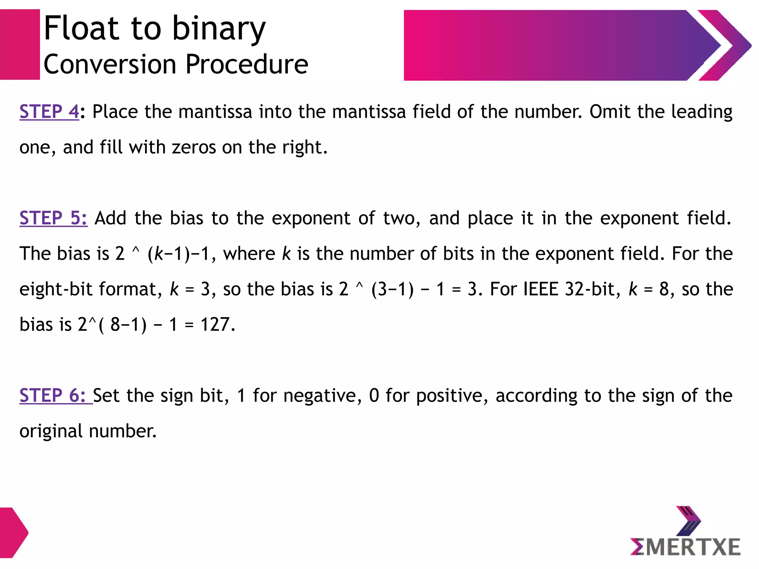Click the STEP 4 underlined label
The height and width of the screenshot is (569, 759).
(x=49, y=112)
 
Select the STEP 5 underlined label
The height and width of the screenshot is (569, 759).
(x=53, y=218)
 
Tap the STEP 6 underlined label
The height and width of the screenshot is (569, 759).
(x=53, y=395)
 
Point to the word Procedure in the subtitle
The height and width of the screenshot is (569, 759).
(x=246, y=64)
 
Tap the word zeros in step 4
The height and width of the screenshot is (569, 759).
(x=193, y=147)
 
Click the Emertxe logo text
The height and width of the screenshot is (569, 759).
(x=685, y=547)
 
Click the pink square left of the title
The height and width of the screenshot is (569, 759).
(x=20, y=44)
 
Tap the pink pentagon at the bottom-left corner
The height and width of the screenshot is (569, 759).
(x=13, y=533)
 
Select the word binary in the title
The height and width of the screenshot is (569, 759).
(x=219, y=29)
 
